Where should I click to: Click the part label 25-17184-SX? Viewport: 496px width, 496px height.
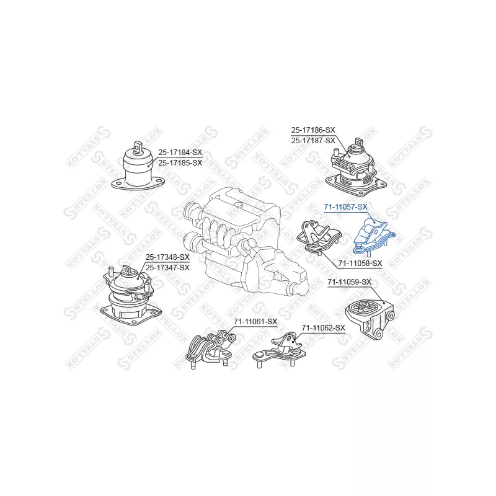tap(180, 152)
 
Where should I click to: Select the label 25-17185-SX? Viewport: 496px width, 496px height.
tap(180, 162)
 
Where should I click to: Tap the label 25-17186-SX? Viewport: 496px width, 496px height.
tap(313, 130)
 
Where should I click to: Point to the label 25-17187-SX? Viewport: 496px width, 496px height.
tap(313, 140)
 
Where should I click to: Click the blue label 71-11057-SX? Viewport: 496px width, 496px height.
tap(345, 206)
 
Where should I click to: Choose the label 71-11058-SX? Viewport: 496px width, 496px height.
tap(360, 263)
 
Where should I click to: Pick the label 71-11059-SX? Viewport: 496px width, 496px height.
tap(349, 282)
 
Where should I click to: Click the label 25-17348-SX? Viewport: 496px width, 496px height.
tap(167, 257)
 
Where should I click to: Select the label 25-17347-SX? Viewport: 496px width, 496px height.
tap(167, 267)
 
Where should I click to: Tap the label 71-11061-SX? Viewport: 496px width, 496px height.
tap(255, 321)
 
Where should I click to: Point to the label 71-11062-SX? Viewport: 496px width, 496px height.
tap(322, 327)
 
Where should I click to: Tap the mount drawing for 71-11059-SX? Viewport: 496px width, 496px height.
tap(371, 317)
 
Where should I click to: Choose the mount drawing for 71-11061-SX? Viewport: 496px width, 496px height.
tap(209, 350)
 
